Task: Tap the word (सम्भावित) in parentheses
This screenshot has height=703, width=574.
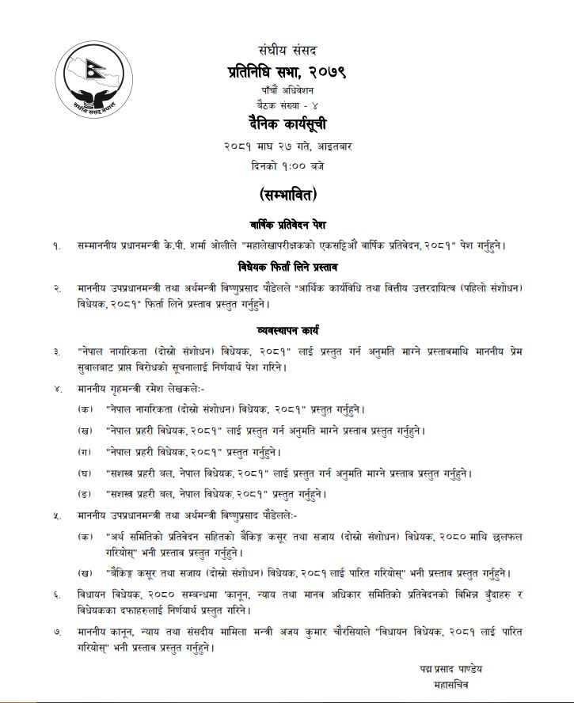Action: pos(287,194)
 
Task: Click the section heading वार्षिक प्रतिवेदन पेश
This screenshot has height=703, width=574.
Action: pos(287,225)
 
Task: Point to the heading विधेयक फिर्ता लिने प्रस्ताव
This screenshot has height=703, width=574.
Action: pos(287,266)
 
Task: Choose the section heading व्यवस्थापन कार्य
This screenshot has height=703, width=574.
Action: pos(287,328)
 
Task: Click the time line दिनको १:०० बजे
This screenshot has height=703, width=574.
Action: pos(287,166)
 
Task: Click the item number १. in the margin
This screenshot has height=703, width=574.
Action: pos(56,245)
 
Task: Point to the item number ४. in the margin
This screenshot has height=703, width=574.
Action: pos(56,389)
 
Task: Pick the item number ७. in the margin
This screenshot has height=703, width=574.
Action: pos(56,632)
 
